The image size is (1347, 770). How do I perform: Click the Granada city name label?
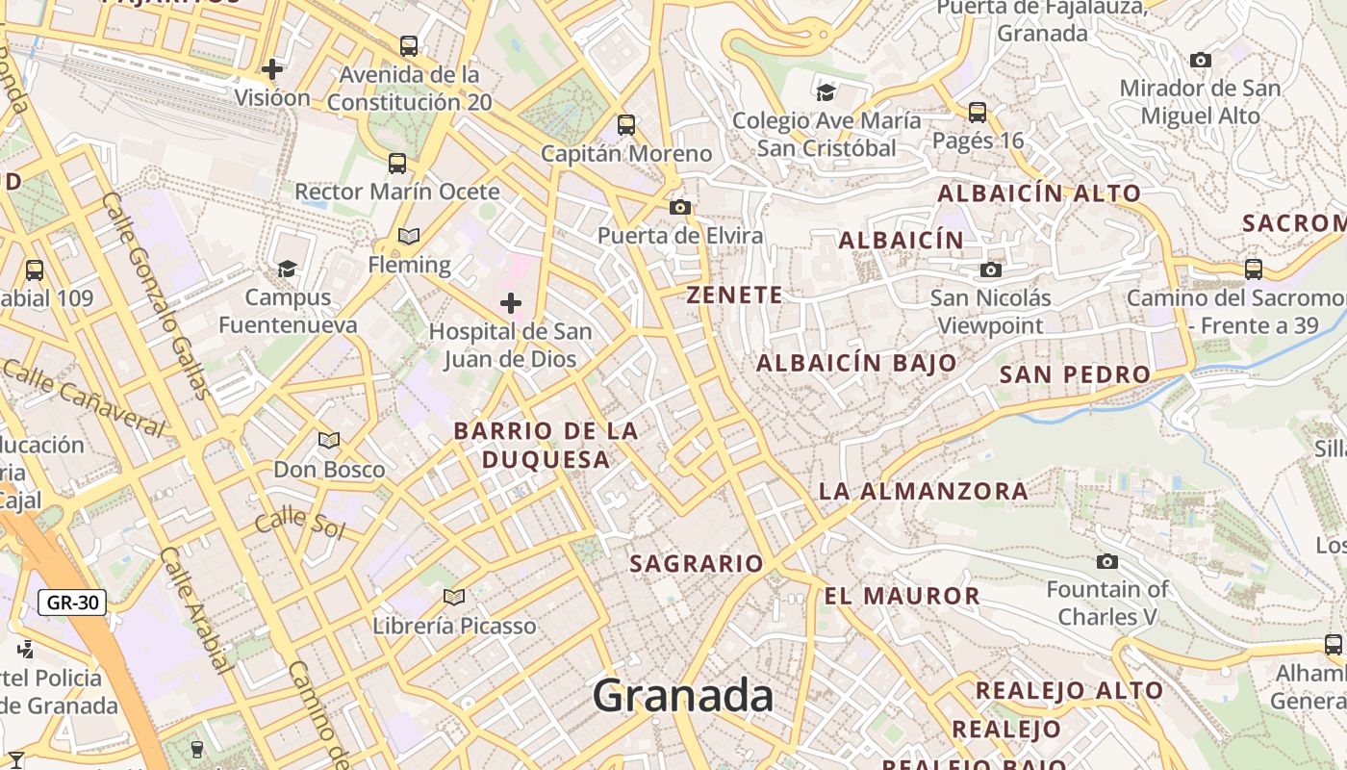682,695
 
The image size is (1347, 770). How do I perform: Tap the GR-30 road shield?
72,603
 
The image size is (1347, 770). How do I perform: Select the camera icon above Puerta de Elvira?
680,207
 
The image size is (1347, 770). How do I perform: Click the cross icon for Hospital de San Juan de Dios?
511,304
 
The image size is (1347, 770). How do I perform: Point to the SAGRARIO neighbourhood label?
697,563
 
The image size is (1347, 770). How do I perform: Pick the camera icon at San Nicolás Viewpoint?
991,269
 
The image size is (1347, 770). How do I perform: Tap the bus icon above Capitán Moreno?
626,124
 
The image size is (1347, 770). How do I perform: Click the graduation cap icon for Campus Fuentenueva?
287,268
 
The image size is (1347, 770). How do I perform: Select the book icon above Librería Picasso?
454,597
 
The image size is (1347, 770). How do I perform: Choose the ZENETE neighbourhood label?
735,295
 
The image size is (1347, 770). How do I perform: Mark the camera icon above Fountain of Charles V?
1107,561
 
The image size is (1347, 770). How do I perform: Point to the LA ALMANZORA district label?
924,491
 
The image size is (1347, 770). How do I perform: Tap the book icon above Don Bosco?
329,440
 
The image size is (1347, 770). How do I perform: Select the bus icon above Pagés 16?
978,112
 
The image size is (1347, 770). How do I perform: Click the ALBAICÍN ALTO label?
1039,192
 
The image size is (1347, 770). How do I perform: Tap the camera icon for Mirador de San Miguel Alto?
1200,60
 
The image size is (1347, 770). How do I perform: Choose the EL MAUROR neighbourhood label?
902,596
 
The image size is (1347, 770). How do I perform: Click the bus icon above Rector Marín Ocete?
397,163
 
